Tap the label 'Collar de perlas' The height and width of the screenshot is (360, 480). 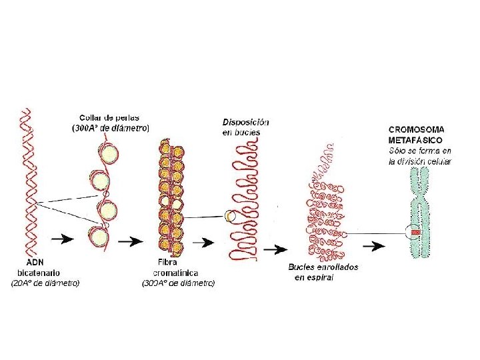click(x=109, y=118)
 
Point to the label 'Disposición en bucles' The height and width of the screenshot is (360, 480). click(x=245, y=127)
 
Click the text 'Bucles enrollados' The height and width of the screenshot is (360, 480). click(x=323, y=267)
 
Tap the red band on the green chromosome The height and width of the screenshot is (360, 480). click(x=415, y=232)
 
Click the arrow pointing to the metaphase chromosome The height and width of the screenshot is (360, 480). click(x=377, y=245)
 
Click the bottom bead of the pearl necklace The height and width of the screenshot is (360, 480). click(x=99, y=235)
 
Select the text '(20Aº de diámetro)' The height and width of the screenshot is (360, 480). click(x=45, y=283)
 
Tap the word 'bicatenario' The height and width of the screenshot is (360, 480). click(x=38, y=272)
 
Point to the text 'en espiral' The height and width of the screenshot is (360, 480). click(x=314, y=277)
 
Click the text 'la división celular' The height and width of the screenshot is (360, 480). click(x=420, y=161)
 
